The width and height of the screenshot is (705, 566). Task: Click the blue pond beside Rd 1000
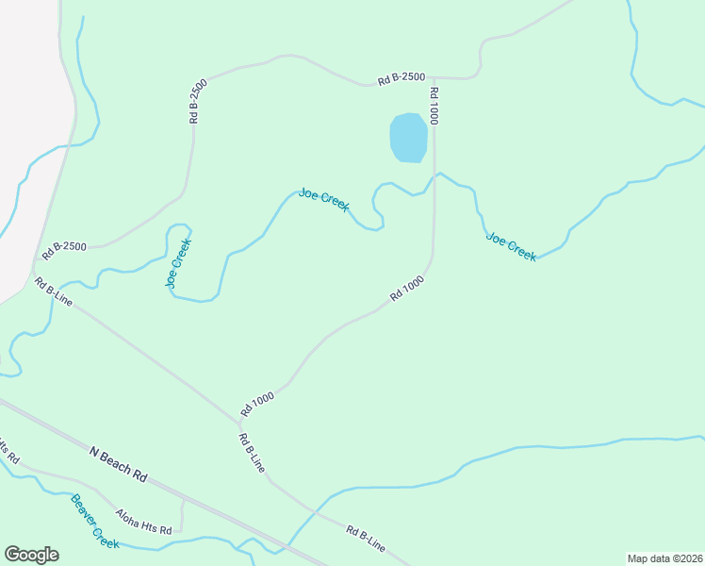408,138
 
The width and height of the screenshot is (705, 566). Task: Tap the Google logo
31,555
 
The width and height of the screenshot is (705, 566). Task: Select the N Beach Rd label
120,464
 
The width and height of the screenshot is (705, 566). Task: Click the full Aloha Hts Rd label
143,522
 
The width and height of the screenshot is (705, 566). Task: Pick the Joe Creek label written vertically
178,262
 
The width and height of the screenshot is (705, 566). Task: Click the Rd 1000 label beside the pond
434,107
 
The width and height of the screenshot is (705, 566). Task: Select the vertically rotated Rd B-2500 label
197,102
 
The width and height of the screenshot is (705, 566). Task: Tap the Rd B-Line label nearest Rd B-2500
54,291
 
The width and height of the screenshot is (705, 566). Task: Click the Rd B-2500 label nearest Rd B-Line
64,248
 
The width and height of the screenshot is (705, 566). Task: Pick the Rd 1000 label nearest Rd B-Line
256,404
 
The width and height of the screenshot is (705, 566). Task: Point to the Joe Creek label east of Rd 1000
511,246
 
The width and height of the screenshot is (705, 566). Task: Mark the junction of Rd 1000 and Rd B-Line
238,419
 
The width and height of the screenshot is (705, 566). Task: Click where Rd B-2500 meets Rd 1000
434,77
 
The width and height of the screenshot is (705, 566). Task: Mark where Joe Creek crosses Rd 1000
434,176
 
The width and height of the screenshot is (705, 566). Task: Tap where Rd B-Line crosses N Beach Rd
283,548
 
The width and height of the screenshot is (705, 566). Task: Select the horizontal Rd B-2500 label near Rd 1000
402,79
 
